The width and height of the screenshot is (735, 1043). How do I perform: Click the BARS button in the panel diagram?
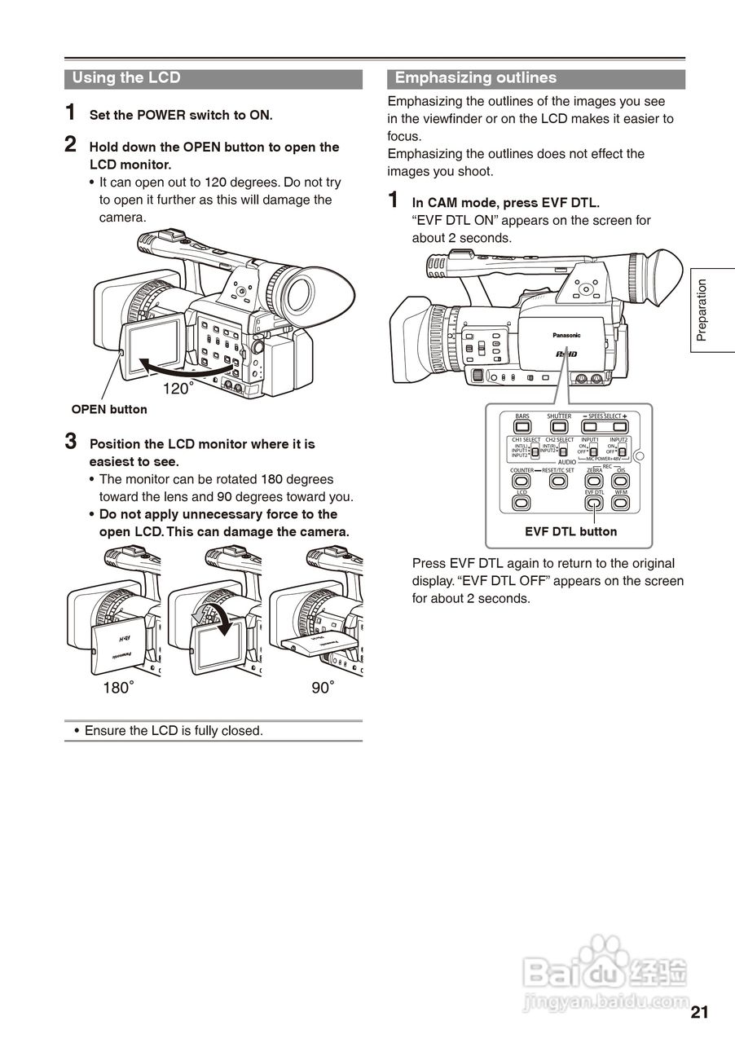click(522, 426)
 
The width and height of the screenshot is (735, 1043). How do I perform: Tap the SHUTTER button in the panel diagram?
click(558, 426)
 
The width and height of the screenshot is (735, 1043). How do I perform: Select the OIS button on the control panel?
click(621, 481)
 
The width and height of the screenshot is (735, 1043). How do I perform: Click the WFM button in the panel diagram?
click(621, 503)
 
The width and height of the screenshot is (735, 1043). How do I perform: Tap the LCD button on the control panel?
click(522, 503)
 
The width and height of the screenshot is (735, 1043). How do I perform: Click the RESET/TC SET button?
click(558, 481)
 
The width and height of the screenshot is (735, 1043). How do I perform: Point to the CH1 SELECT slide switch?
click(535, 451)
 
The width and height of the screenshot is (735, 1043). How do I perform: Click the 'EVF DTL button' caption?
click(570, 531)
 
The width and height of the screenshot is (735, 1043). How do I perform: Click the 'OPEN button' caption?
click(109, 409)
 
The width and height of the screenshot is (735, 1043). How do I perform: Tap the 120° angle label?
click(178, 389)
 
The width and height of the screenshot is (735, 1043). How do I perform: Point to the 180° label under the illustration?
click(118, 688)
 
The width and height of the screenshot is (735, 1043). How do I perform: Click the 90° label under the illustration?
click(323, 688)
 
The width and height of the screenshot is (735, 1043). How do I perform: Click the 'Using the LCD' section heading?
click(126, 78)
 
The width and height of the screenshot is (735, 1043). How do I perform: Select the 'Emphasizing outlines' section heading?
click(475, 78)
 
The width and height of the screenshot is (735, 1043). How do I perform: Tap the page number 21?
click(698, 1012)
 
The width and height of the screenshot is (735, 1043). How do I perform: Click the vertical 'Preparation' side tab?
click(702, 310)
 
